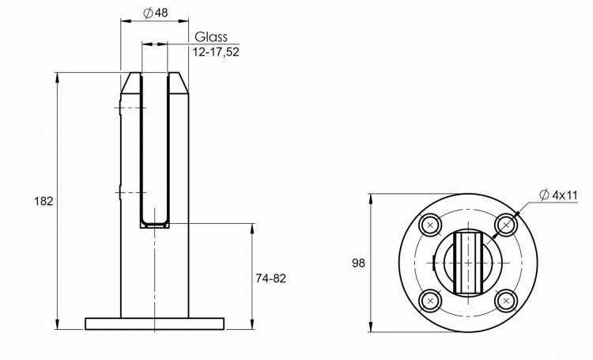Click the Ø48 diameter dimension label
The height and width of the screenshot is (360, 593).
156,13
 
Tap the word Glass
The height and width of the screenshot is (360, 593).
211,36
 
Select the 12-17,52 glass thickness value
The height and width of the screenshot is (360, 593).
216,52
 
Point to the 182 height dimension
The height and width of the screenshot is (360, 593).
43,201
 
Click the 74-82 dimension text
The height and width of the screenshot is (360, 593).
270,279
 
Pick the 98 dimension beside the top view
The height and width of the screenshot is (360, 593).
358,263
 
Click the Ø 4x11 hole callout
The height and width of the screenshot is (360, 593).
558,195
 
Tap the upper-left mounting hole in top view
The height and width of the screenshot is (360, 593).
430,225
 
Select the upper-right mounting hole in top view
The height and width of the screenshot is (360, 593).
506,225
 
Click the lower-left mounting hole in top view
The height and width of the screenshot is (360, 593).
430,301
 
